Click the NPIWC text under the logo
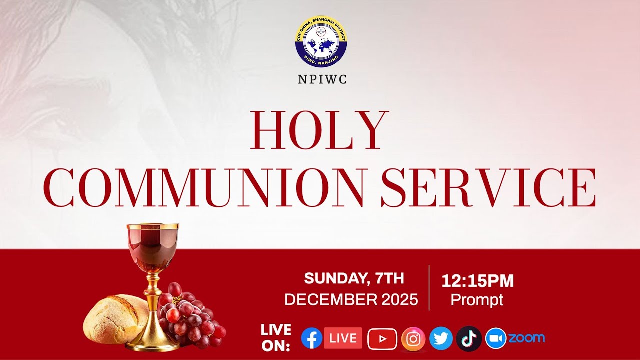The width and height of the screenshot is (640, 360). pos(321,79)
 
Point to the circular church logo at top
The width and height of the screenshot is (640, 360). pos(321,42)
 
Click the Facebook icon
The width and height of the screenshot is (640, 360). pos(311,338)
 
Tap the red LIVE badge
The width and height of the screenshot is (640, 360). pos(343,338)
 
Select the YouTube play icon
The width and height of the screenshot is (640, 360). pos(382,339)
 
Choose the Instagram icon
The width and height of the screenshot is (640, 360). pos(413,339)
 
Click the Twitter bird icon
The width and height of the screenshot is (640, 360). pos(441,339)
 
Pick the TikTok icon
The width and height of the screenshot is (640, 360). pos(469,339)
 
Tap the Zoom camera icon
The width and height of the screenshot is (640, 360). pos(495,338)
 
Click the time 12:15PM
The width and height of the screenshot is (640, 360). pos(477,281)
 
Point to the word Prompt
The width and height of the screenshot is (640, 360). pos(477,300)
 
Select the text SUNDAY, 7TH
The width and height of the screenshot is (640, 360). pos(354,278)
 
